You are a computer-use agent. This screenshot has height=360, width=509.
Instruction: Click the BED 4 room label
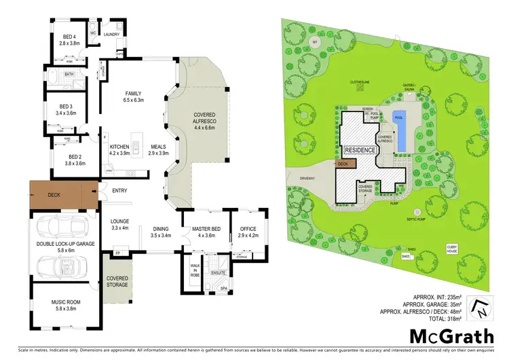click(69, 39)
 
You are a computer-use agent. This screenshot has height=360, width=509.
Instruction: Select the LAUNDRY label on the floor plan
click(111, 33)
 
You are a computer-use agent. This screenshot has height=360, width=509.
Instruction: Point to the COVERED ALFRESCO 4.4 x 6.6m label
click(204, 121)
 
